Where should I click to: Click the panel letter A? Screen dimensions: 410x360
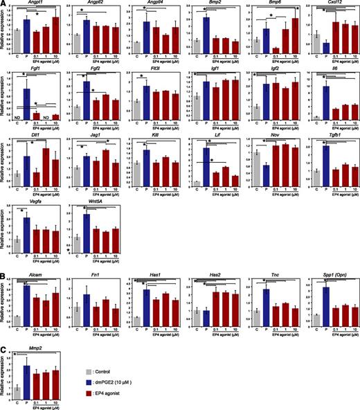click(3, 4)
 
